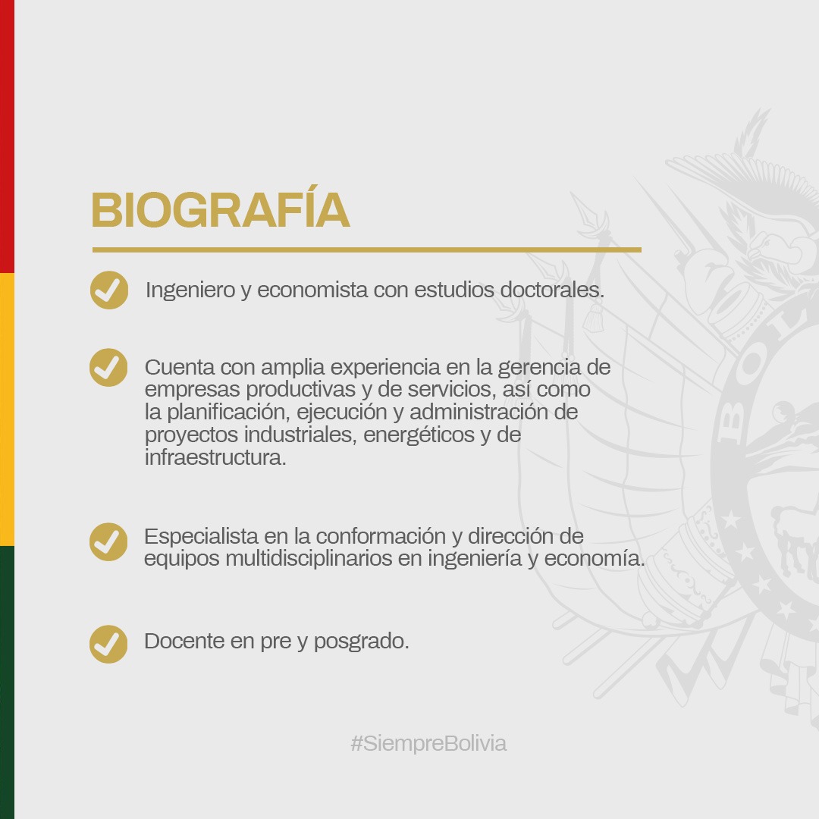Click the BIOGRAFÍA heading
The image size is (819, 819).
tap(220, 210)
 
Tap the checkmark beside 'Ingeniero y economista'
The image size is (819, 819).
tap(109, 290)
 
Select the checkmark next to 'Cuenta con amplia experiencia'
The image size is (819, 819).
tap(109, 367)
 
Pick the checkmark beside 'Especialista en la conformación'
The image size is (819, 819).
tap(109, 541)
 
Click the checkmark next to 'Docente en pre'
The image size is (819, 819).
tap(109, 644)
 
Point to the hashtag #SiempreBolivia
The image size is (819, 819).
tap(428, 743)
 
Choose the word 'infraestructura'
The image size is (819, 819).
tap(215, 458)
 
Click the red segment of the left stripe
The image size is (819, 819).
tap(7, 136)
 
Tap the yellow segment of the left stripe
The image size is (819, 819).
tap(7, 409)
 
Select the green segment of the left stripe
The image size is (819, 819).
tap(7, 682)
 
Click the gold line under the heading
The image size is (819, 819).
tap(367, 249)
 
